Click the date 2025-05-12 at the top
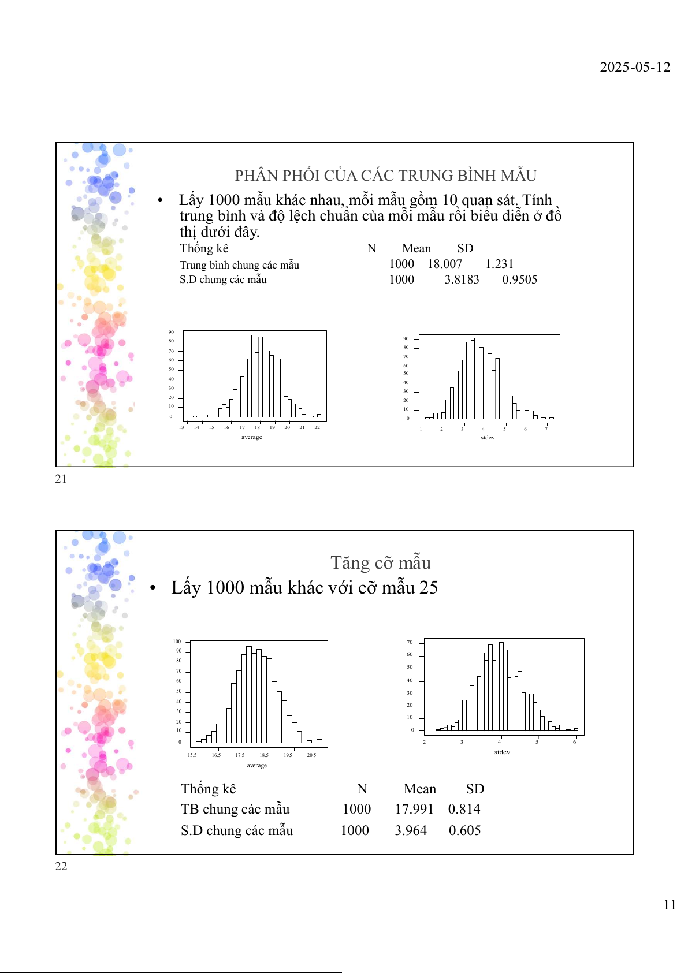click(635, 67)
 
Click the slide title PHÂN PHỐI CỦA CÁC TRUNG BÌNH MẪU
click(386, 176)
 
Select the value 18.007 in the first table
click(445, 264)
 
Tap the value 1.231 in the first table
click(499, 264)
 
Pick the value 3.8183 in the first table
click(462, 279)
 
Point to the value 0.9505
click(519, 279)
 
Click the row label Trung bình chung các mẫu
click(239, 265)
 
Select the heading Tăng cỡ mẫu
click(381, 562)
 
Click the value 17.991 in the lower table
click(414, 809)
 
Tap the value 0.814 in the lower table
click(464, 809)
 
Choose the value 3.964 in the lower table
click(411, 830)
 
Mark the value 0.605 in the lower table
click(464, 830)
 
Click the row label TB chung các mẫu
click(235, 809)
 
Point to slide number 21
click(61, 479)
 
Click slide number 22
click(61, 866)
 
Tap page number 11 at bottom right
click(670, 905)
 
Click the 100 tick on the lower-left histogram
click(177, 642)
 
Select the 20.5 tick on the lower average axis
click(311, 755)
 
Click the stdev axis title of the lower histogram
click(502, 752)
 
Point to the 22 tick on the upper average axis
click(317, 427)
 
